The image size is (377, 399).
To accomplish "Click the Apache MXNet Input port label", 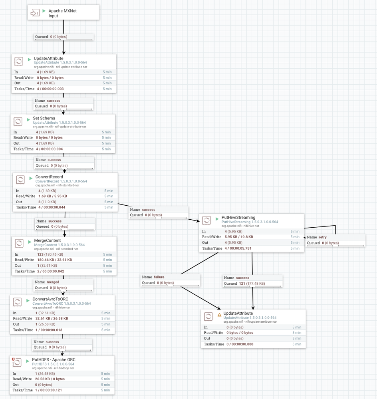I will [62, 13].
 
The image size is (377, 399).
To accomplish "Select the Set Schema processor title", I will [44, 118].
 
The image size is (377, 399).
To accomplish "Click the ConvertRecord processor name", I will [49, 177].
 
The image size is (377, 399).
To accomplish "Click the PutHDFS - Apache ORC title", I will [54, 359].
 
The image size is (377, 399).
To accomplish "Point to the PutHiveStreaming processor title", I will [238, 218].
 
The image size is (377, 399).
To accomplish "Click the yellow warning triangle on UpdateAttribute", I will [219, 315].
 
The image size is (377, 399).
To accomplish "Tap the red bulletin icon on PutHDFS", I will [14, 359].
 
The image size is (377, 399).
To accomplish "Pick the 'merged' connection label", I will [53, 282].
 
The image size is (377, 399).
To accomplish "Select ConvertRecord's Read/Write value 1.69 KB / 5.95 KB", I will [52, 196].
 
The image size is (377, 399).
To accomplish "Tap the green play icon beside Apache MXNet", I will [44, 11].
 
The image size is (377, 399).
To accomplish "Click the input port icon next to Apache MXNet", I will [35, 13].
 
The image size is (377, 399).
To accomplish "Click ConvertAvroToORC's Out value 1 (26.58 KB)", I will [45, 324].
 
